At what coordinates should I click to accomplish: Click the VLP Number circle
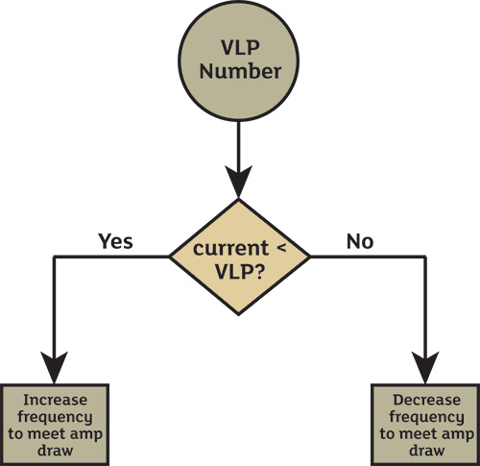pyautogui.click(x=239, y=61)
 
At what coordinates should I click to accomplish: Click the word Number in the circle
pyautogui.click(x=240, y=71)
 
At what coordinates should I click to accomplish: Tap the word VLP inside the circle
pyautogui.click(x=240, y=47)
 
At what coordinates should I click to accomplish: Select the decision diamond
pyautogui.click(x=239, y=257)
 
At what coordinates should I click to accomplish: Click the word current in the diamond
pyautogui.click(x=230, y=248)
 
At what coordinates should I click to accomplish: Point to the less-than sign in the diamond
pyautogui.click(x=281, y=248)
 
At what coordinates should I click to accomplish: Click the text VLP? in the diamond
pyautogui.click(x=240, y=272)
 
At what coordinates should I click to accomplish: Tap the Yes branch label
pyautogui.click(x=115, y=241)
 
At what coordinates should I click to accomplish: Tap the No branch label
pyautogui.click(x=360, y=241)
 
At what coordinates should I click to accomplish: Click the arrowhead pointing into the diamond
pyautogui.click(x=239, y=181)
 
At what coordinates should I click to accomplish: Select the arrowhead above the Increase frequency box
pyautogui.click(x=54, y=367)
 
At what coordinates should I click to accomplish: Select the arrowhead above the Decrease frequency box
pyautogui.click(x=425, y=367)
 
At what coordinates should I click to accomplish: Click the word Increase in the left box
pyautogui.click(x=55, y=400)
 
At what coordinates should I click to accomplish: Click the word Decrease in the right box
pyautogui.click(x=427, y=400)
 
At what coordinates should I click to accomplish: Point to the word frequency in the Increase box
pyautogui.click(x=55, y=417)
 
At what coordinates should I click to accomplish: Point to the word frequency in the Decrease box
pyautogui.click(x=426, y=417)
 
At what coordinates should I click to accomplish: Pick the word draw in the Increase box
pyautogui.click(x=55, y=451)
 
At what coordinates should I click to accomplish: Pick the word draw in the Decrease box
pyautogui.click(x=427, y=451)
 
